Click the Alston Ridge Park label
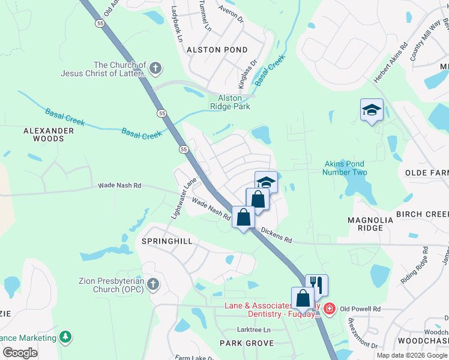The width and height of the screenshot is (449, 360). coord(230,102)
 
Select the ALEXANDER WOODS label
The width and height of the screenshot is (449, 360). coord(43,134)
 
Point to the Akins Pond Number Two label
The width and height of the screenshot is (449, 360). coord(344,167)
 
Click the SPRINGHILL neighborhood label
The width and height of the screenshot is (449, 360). coord(166,241)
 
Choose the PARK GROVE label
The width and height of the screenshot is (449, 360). coord(246,343)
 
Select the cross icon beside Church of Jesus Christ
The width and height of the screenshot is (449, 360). coord(155,68)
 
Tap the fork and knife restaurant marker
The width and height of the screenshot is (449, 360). coord(316,284)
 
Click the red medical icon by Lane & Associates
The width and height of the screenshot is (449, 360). coord(328,309)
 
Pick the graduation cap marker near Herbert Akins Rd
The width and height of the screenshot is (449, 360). coord(372,110)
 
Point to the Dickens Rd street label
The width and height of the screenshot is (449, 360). coord(276,236)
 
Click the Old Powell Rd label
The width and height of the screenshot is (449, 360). coord(360,309)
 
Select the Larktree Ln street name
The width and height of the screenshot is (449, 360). coord(254,330)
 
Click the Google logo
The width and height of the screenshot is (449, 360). coord(20,352)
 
